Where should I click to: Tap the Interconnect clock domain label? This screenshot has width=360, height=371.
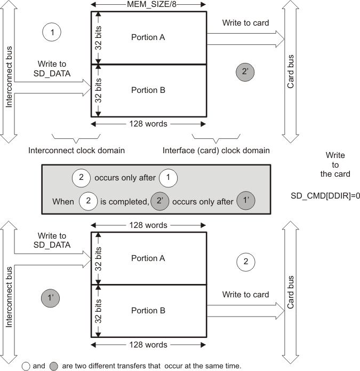(76, 151)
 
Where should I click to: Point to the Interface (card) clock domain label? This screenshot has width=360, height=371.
(216, 151)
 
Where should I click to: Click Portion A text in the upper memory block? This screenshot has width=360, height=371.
(148, 37)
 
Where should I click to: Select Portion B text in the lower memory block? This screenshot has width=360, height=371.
(148, 310)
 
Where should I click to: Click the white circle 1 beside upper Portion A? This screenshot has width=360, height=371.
(52, 33)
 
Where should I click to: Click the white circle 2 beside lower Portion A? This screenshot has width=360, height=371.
(245, 262)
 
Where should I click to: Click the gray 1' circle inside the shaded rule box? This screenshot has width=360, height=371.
(246, 202)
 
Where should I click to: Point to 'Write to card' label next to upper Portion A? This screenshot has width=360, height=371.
(246, 23)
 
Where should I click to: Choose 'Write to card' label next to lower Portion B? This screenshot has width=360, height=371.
(246, 295)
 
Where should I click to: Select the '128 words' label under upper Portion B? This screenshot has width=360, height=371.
(148, 124)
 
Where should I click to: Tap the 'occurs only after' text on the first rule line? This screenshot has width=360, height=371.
(124, 178)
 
